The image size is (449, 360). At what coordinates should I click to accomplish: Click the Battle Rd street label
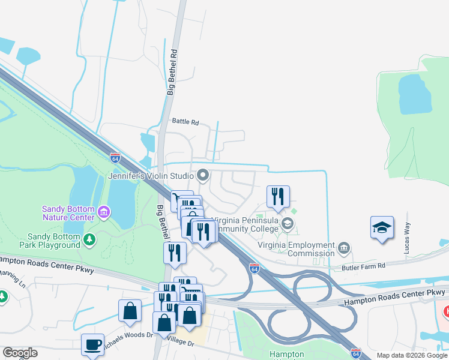(x=185, y=122)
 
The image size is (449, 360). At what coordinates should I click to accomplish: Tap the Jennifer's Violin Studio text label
(x=150, y=176)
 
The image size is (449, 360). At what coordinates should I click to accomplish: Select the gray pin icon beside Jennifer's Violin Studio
(x=203, y=176)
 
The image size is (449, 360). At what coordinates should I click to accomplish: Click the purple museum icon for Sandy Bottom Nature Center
(x=104, y=211)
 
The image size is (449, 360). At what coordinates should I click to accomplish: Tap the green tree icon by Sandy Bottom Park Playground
(x=89, y=240)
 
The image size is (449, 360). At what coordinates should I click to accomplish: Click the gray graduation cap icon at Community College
(x=288, y=224)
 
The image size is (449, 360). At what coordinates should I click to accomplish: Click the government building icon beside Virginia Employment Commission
(x=344, y=247)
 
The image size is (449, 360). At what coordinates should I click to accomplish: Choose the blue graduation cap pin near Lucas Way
(x=382, y=228)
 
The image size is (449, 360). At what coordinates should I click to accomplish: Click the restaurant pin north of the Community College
(x=278, y=196)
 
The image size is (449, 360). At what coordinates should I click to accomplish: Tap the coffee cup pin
(x=92, y=345)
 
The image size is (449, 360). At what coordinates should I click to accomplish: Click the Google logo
(x=20, y=353)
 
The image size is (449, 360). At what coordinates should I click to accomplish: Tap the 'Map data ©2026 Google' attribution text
(x=411, y=355)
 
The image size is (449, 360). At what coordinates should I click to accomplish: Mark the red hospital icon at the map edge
(x=446, y=311)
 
